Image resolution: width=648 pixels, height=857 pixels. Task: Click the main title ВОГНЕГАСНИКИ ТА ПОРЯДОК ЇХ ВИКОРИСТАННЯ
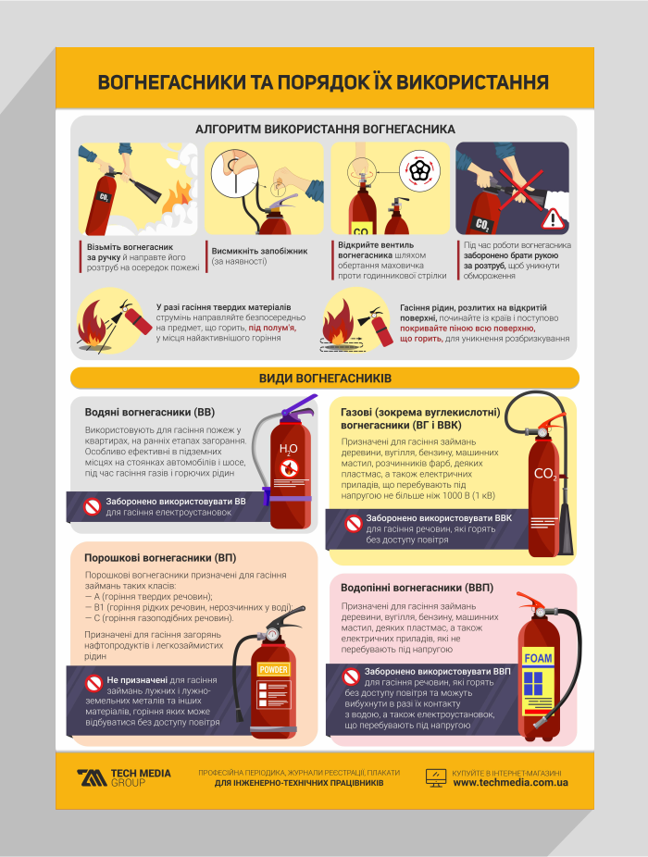pos(323,82)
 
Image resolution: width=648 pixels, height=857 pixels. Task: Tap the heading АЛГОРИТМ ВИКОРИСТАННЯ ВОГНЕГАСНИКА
pos(325,129)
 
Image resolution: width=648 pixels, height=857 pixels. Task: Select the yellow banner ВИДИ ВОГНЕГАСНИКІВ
pos(325,379)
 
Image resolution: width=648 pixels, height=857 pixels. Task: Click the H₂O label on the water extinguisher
pos(288,449)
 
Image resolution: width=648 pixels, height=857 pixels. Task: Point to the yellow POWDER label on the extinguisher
pos(273,669)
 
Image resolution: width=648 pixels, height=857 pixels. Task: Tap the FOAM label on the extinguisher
pos(538,658)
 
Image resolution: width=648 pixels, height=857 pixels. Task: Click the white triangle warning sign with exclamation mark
pos(553,218)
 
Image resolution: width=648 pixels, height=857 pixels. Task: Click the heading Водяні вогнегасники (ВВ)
pos(150,412)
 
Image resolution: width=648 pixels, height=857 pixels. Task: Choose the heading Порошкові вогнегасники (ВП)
pos(160,558)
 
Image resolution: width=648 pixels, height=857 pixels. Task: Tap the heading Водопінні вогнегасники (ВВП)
pos(417,588)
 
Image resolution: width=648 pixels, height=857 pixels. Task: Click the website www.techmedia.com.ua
pos(510,783)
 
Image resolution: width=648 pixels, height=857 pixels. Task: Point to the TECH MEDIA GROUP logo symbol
pos(92,777)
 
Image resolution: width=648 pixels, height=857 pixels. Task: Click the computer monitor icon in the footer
pos(436,777)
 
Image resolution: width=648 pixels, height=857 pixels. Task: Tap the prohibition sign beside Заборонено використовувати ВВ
pos(92,506)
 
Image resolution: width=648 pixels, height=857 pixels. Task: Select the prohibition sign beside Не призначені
pos(93,683)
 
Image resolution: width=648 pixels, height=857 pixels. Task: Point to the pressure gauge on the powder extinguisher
pos(271,635)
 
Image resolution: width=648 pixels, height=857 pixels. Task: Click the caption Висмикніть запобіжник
pos(260,251)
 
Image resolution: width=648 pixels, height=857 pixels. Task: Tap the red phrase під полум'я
pos(272,328)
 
